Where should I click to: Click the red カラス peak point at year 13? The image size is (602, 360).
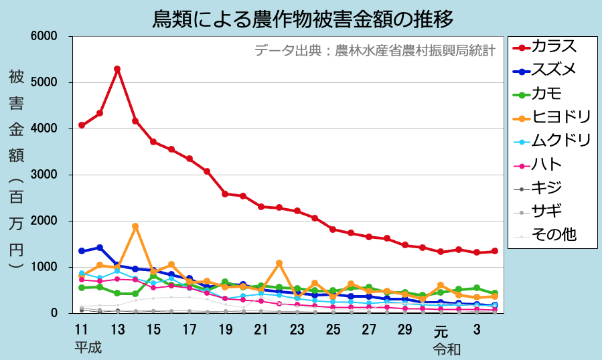coord(117,69)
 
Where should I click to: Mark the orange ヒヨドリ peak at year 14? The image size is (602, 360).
coord(135,226)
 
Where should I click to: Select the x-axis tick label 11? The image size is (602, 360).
coord(81,330)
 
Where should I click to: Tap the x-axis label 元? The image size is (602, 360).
coord(440,330)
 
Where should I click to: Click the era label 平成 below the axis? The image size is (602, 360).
coord(88,348)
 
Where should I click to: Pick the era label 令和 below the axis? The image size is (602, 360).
coord(446,348)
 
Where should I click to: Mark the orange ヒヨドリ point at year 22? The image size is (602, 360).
coord(279,263)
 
